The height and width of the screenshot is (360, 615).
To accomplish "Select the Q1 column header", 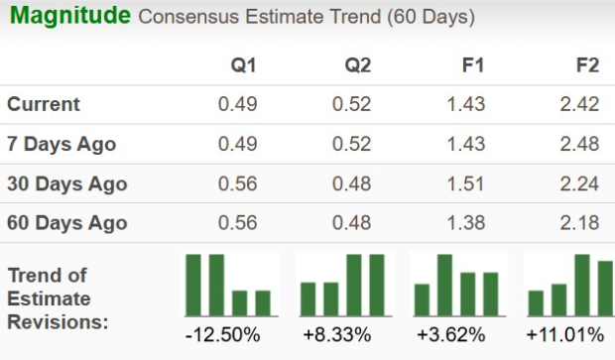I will pos(243,65).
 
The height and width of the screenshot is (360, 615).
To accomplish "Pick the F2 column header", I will pos(587,65).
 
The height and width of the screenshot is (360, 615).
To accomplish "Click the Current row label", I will pos(44,104).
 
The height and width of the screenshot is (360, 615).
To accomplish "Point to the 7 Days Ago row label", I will pos(61,144).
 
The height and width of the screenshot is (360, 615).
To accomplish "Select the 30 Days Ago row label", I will pos(66,183).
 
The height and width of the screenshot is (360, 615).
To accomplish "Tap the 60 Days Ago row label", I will pos(66,223).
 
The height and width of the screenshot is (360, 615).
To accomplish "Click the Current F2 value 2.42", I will pos(579,104).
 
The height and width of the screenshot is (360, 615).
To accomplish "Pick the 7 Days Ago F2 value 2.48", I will pos(579,144).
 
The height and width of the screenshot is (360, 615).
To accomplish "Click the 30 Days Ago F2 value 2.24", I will pos(579,183).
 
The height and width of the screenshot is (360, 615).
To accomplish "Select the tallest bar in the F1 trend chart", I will pos(445,285).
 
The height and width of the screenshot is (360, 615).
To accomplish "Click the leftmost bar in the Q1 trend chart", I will pos(193,285).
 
